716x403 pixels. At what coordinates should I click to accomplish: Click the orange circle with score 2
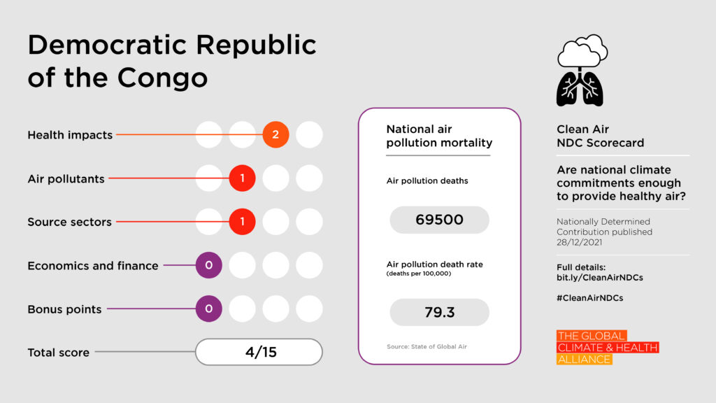pos(275,134)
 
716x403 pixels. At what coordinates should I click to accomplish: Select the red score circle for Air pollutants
pos(242,178)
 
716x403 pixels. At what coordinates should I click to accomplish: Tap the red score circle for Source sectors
pos(242,222)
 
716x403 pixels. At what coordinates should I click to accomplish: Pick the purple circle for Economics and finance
pos(208,265)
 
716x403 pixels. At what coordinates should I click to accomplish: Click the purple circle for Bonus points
pos(208,309)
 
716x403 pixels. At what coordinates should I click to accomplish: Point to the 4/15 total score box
pos(259,352)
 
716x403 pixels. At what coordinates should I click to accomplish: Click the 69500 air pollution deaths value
pos(439,220)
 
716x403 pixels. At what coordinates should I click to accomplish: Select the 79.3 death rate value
pos(439,312)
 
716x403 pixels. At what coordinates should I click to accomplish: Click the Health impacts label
pos(70,135)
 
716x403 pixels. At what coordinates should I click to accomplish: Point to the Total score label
pos(58,353)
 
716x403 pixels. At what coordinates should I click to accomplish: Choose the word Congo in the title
pos(162,78)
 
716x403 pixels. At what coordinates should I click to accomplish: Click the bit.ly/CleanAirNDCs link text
pos(599,278)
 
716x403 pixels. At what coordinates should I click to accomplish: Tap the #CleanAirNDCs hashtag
pos(590,297)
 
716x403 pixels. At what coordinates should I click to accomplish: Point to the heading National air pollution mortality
pos(439,136)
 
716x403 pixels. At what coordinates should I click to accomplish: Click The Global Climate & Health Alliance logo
pos(607,348)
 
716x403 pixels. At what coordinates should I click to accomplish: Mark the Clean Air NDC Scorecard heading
pos(600,136)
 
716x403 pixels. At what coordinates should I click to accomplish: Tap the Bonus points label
pos(64,309)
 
